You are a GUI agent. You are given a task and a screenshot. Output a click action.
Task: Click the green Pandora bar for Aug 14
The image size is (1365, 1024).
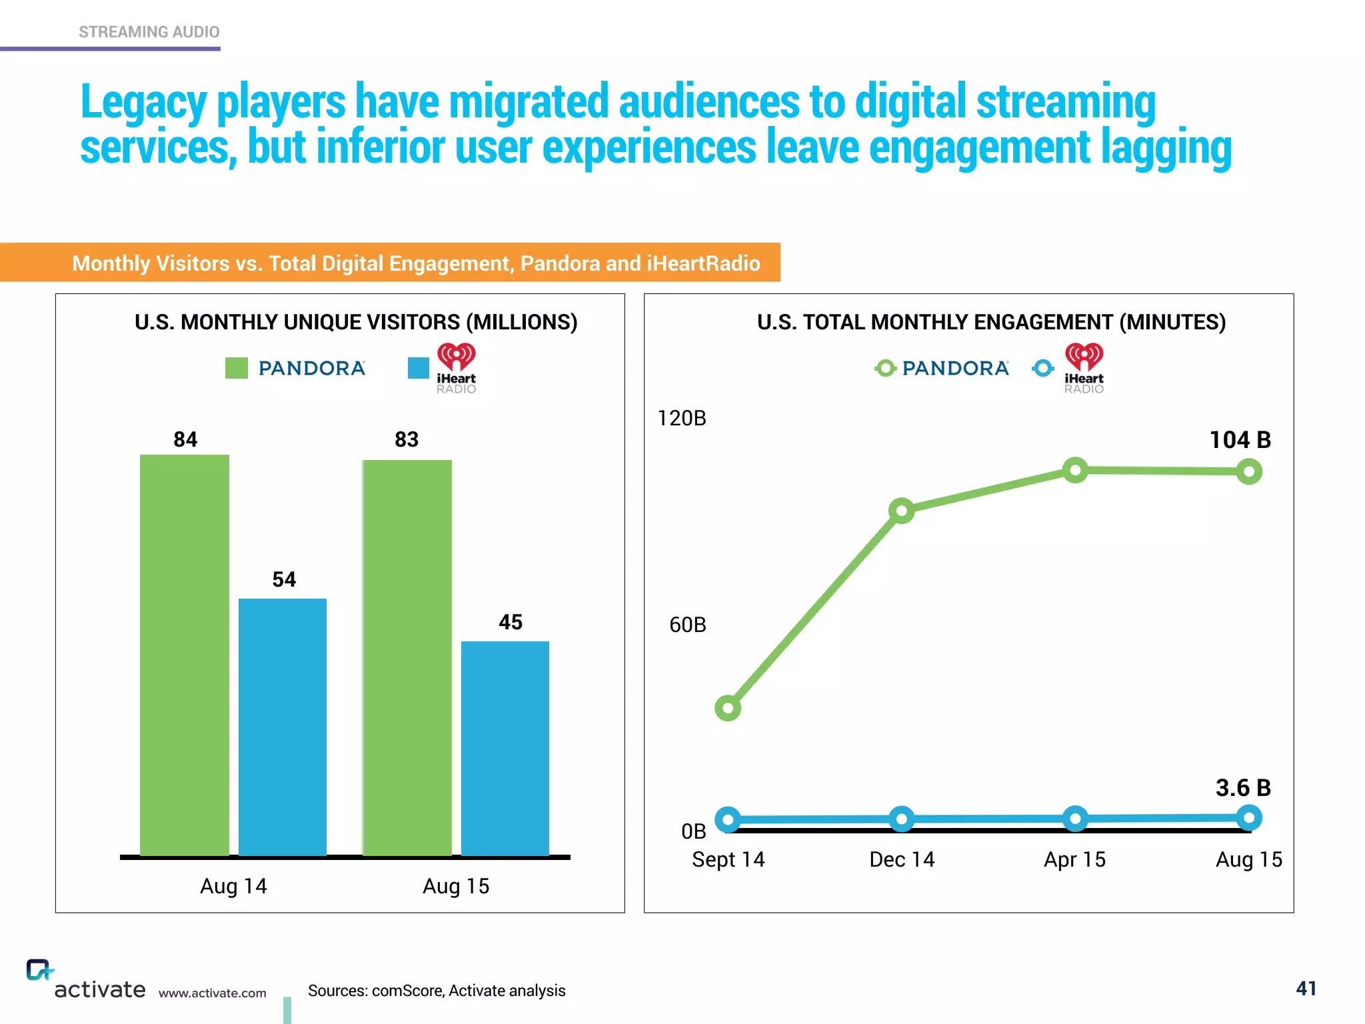(x=185, y=653)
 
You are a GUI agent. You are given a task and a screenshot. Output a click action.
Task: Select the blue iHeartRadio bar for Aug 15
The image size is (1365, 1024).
(x=505, y=747)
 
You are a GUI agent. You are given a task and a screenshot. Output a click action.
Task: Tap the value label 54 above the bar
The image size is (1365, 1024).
(x=284, y=579)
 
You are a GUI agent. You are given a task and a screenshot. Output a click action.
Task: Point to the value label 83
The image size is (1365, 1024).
(x=407, y=439)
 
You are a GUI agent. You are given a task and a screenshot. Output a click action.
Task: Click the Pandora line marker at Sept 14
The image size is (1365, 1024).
(x=728, y=707)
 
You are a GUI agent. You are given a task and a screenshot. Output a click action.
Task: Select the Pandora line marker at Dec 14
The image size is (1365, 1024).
(x=902, y=511)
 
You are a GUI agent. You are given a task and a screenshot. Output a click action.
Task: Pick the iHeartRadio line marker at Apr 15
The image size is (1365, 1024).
(x=1075, y=819)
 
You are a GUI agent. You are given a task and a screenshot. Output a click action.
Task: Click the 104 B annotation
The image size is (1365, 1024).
(x=1240, y=440)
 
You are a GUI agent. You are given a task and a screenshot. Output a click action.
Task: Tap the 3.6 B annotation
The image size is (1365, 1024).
(x=1243, y=788)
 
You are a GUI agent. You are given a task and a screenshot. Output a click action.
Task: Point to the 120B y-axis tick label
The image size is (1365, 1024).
(x=681, y=418)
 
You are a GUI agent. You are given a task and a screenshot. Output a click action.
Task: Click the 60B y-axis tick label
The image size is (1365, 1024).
(x=687, y=625)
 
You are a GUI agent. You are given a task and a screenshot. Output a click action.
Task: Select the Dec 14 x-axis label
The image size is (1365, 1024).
(x=902, y=859)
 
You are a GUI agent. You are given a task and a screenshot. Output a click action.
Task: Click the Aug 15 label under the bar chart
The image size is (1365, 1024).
(x=456, y=886)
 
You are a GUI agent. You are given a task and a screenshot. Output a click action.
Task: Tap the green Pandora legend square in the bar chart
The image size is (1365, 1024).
(x=237, y=368)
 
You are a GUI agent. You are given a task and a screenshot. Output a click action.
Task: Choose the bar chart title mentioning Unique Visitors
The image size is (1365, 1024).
(x=356, y=322)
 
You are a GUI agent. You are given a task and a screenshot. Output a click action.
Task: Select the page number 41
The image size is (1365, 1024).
(x=1306, y=989)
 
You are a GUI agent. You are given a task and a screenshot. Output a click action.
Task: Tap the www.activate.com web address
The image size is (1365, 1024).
(x=212, y=993)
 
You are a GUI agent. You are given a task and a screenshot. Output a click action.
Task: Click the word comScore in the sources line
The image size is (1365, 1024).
(x=407, y=991)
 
